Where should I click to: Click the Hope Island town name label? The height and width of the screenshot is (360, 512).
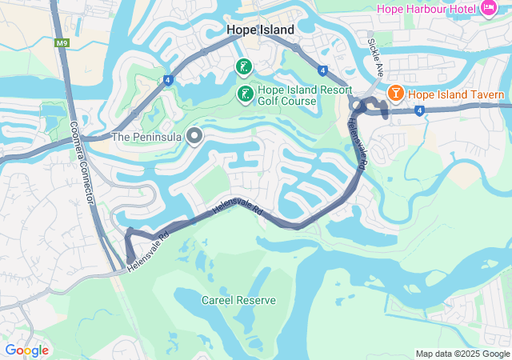click(x=260, y=30)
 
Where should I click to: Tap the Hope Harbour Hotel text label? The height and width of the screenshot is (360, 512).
click(x=425, y=8)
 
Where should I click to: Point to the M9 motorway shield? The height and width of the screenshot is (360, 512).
click(x=62, y=42)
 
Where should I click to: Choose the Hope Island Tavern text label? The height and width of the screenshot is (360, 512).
click(x=456, y=94)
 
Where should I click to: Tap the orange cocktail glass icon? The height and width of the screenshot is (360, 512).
click(x=394, y=94)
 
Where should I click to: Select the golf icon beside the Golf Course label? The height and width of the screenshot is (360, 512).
click(x=245, y=94)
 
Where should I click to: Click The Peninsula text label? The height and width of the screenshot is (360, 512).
click(x=146, y=137)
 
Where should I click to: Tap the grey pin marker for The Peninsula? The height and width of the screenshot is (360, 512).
click(x=194, y=136)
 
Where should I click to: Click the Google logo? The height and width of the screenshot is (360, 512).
click(x=26, y=350)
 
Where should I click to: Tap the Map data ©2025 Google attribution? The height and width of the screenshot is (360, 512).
click(x=462, y=354)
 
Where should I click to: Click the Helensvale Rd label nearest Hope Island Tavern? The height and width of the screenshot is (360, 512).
click(x=357, y=142)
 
